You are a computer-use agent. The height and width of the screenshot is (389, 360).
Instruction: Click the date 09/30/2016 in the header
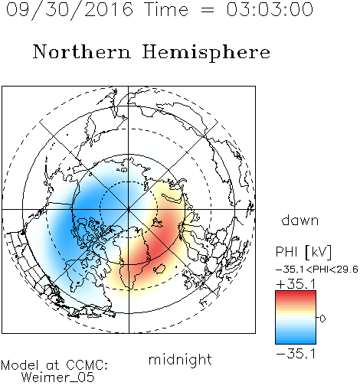point(69,10)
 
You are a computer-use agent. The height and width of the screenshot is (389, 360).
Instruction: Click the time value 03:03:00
point(270,9)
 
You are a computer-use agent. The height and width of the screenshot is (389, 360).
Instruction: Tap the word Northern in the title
point(82,51)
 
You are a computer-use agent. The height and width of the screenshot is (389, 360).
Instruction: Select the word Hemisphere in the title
point(206,53)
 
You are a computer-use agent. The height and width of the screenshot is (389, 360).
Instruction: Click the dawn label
point(300,220)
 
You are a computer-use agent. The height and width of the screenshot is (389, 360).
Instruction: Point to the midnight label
point(180,360)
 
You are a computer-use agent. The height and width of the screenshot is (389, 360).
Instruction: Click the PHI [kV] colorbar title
point(303,252)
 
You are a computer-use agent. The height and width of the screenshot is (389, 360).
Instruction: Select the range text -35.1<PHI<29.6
point(317,270)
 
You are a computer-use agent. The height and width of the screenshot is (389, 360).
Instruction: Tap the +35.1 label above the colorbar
point(296,284)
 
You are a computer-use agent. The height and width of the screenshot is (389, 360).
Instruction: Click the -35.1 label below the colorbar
point(296,354)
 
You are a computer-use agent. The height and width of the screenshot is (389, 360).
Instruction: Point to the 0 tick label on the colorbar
point(322,319)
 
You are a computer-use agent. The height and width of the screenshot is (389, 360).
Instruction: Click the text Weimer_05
point(58,378)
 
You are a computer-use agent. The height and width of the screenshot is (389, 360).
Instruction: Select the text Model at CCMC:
point(54,365)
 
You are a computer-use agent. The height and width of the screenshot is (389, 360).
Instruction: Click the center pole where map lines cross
point(129,210)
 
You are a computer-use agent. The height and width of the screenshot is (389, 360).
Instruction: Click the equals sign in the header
point(207,10)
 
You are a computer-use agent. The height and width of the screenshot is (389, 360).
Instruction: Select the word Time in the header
point(166,9)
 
